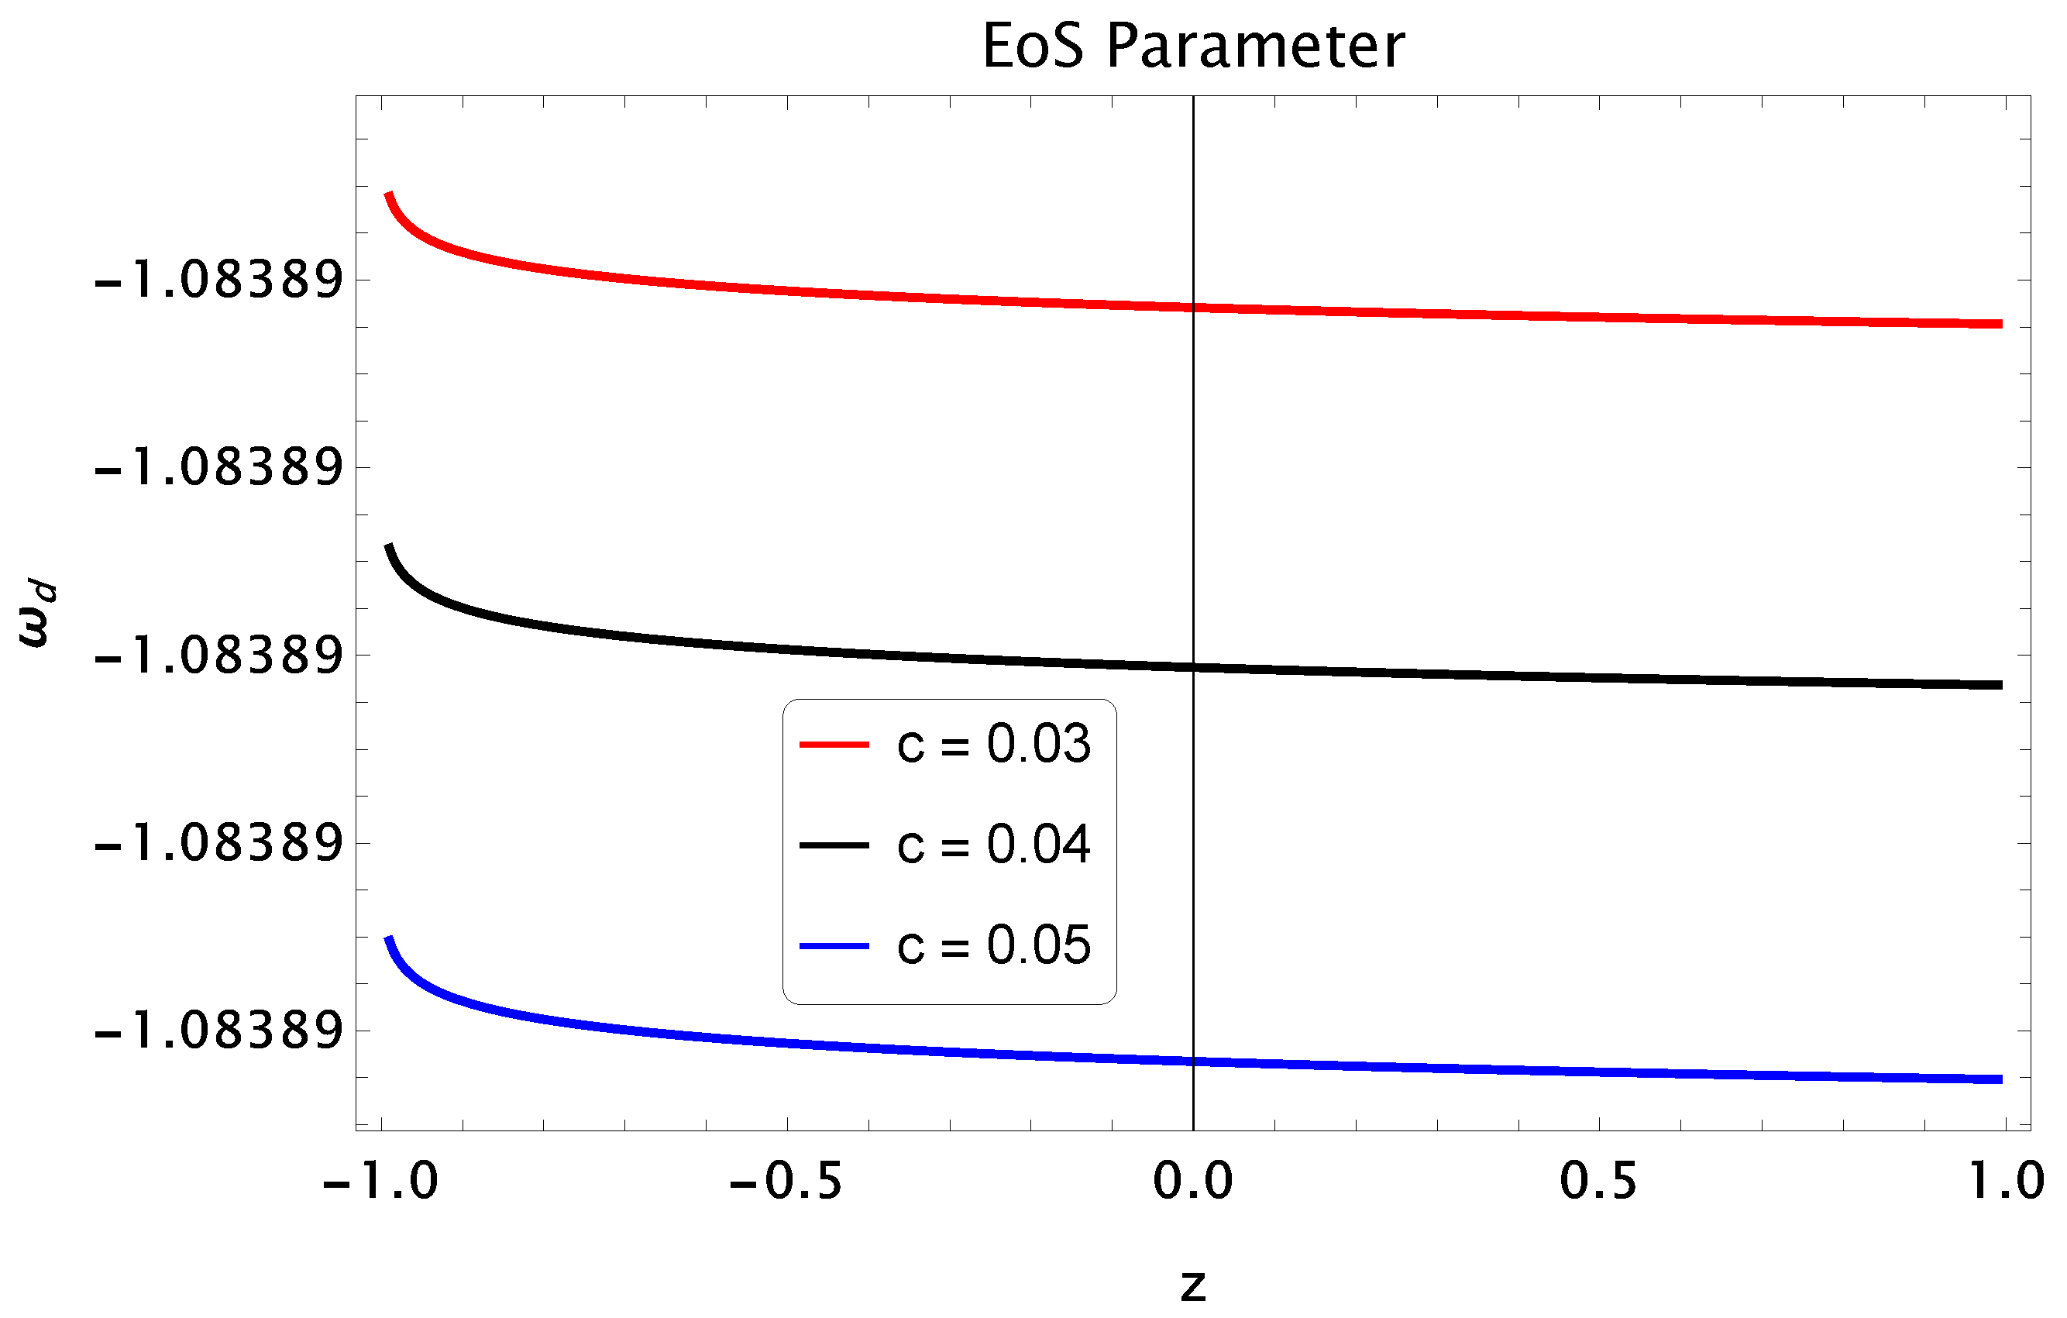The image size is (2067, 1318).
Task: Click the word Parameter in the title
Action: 1255,46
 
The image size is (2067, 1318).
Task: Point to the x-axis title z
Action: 1193,1286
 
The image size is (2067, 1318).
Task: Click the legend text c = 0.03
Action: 994,744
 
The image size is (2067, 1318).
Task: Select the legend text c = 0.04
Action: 994,845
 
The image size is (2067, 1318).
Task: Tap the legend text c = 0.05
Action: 994,945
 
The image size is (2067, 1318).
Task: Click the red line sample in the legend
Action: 834,745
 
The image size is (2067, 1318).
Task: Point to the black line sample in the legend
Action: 834,846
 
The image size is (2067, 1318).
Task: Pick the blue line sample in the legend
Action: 834,946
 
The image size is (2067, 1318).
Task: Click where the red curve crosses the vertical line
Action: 1193,307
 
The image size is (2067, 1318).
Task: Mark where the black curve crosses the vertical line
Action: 1193,667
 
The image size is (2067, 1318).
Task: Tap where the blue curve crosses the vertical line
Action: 1193,1062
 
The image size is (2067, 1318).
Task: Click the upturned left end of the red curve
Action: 389,196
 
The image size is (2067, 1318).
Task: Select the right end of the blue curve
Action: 2000,1079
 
